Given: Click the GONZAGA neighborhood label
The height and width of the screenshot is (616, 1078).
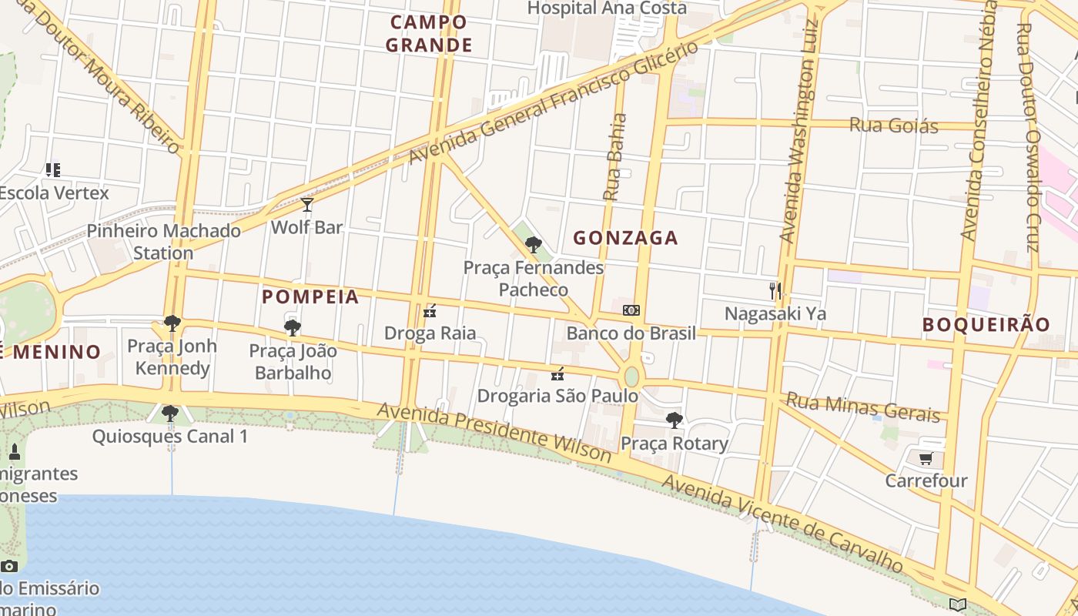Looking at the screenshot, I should (x=625, y=238).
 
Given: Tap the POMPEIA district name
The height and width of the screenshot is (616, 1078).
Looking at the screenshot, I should (x=310, y=297).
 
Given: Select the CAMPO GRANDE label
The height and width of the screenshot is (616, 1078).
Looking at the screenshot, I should (x=429, y=34).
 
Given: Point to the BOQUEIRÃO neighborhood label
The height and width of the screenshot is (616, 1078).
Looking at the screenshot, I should (x=986, y=325).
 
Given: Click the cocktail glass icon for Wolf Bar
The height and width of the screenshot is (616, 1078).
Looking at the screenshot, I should (x=307, y=205).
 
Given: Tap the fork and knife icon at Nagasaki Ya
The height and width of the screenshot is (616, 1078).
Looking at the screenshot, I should (x=775, y=290).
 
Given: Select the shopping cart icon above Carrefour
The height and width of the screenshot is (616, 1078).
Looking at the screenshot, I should (x=926, y=459).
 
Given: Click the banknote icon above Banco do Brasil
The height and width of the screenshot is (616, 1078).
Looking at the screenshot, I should (x=631, y=310).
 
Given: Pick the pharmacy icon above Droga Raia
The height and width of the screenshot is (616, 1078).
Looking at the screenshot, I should (x=430, y=311).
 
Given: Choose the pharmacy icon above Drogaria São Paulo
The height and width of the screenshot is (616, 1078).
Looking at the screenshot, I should (x=557, y=374).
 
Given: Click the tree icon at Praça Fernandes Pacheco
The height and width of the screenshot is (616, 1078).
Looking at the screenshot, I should (x=533, y=245).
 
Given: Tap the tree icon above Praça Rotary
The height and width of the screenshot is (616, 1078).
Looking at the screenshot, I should (x=675, y=420).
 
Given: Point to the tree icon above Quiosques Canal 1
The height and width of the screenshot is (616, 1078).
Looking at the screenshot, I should (x=170, y=414).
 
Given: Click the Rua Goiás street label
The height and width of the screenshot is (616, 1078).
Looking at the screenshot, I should (x=893, y=125).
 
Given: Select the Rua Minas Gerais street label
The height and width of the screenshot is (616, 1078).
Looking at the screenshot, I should (x=862, y=407).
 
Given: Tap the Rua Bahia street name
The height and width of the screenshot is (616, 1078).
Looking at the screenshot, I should (x=614, y=157).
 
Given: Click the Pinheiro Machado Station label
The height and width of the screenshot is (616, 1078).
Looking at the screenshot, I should (x=163, y=242).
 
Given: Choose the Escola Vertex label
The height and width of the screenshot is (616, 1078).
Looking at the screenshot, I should (x=54, y=192).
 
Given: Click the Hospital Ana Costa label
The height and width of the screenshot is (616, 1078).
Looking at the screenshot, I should (x=607, y=8).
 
